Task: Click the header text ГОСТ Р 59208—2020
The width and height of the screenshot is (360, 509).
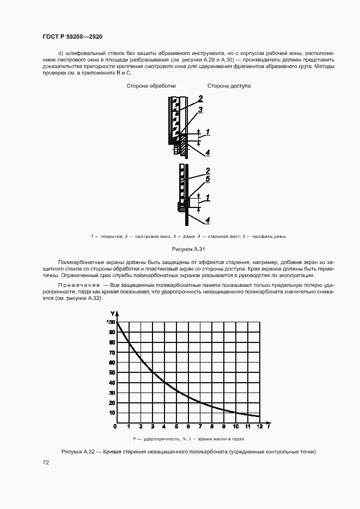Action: tap(72, 36)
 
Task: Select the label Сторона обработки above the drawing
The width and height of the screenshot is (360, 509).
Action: tap(151, 86)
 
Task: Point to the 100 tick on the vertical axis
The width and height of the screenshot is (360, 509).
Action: tap(111, 322)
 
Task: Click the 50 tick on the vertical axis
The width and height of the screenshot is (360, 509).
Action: tap(112, 373)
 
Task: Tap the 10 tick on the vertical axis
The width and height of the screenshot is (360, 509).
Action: tap(112, 413)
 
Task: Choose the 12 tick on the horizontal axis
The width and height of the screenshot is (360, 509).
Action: tap(260, 426)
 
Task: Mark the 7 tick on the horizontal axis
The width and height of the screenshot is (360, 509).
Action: tap(200, 426)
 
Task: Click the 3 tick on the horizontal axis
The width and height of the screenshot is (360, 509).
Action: tap(152, 426)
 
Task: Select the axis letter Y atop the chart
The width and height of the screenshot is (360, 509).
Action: tap(112, 314)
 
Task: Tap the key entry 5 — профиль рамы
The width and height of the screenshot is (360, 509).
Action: tap(266, 236)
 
